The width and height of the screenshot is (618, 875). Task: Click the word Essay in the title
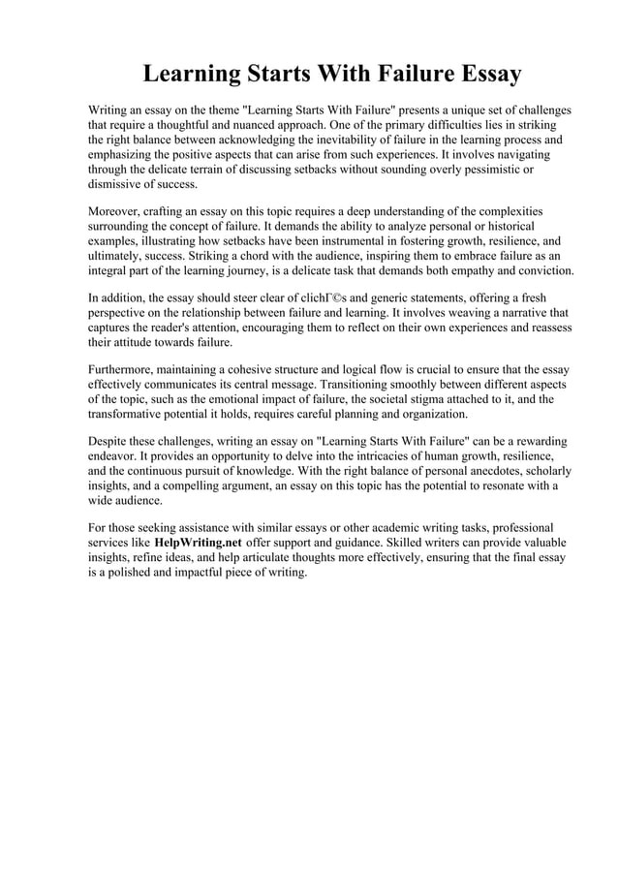pos(478,74)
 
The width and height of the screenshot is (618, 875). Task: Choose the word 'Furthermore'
pos(125,369)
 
